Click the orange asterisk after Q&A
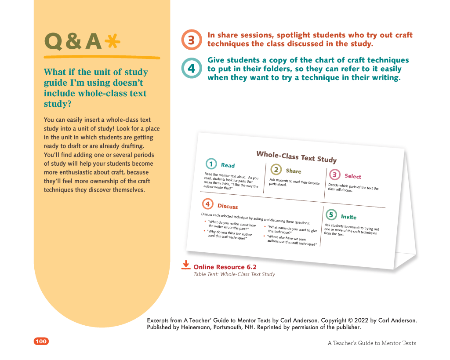tap(112, 41)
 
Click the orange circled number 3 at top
tap(191, 40)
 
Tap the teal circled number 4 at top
tap(191, 68)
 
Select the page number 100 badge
tap(41, 342)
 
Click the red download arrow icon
tap(186, 265)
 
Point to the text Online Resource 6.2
tap(225, 267)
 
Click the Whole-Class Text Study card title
tap(296, 156)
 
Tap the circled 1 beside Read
tap(211, 164)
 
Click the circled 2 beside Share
tap(276, 169)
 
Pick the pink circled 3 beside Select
tap(335, 175)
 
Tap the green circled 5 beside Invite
tap(331, 215)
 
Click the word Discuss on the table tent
tap(228, 206)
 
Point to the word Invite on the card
tap(349, 217)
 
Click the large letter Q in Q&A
tap(53, 42)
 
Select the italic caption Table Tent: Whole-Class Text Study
tap(234, 274)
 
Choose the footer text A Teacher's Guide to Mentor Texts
tap(372, 343)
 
